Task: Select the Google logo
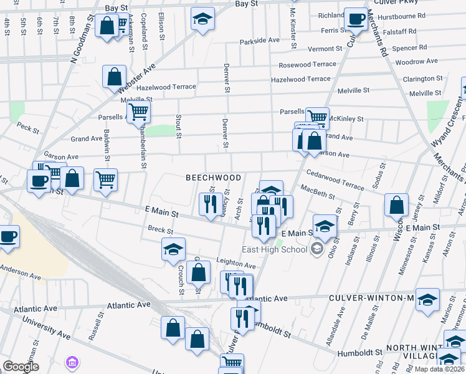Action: click(x=21, y=366)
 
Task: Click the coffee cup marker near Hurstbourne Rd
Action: click(x=356, y=19)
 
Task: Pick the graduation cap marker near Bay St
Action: click(x=202, y=19)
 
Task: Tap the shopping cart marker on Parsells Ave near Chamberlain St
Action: click(x=138, y=112)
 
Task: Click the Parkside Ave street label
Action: click(x=260, y=41)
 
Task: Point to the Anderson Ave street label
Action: click(x=22, y=269)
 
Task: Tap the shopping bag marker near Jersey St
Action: click(x=396, y=204)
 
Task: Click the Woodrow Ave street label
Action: click(x=416, y=62)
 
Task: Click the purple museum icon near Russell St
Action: click(x=72, y=362)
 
